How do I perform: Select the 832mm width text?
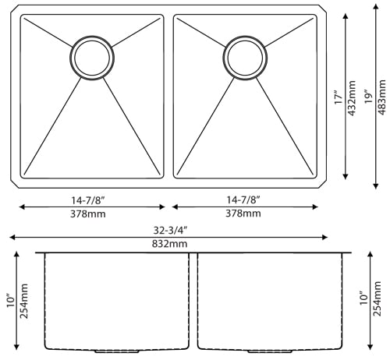172,244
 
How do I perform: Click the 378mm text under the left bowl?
90,214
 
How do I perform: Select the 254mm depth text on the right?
381,300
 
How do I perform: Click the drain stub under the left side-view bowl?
110,351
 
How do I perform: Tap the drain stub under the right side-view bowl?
268,351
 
